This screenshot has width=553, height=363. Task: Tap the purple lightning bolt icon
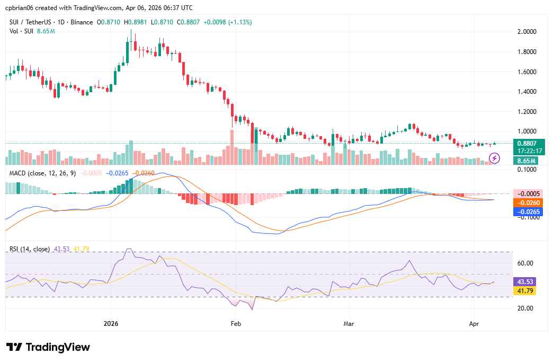494,158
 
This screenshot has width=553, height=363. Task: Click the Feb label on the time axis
236,323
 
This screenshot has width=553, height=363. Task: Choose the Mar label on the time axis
348,323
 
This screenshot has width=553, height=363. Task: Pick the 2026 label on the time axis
111,323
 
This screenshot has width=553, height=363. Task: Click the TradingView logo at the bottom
48,348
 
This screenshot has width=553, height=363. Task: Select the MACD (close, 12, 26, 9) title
41,173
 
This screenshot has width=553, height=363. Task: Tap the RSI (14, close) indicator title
30,249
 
